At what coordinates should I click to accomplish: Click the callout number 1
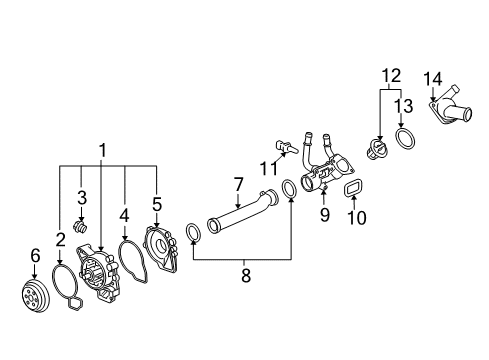coord(102,150)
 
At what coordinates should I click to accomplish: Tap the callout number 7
coord(238,184)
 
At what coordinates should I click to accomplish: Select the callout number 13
coord(405,106)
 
